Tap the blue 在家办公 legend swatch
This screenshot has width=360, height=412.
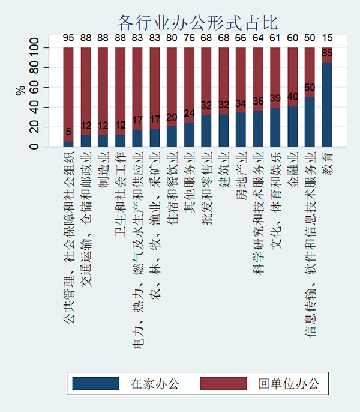point(95,383)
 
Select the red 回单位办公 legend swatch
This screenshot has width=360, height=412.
point(223,383)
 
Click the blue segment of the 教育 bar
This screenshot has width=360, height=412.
point(327,105)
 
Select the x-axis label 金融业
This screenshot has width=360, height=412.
point(293,171)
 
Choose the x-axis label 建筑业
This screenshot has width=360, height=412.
point(224,171)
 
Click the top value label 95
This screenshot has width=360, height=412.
point(68,38)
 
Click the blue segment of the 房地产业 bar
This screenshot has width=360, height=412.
point(241,130)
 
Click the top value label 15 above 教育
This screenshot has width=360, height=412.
point(327,38)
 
